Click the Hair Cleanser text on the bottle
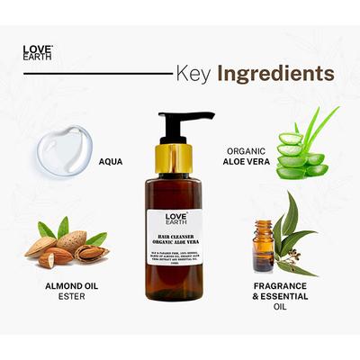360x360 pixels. pos(180,238)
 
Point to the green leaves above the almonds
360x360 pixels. pos(67,227)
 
